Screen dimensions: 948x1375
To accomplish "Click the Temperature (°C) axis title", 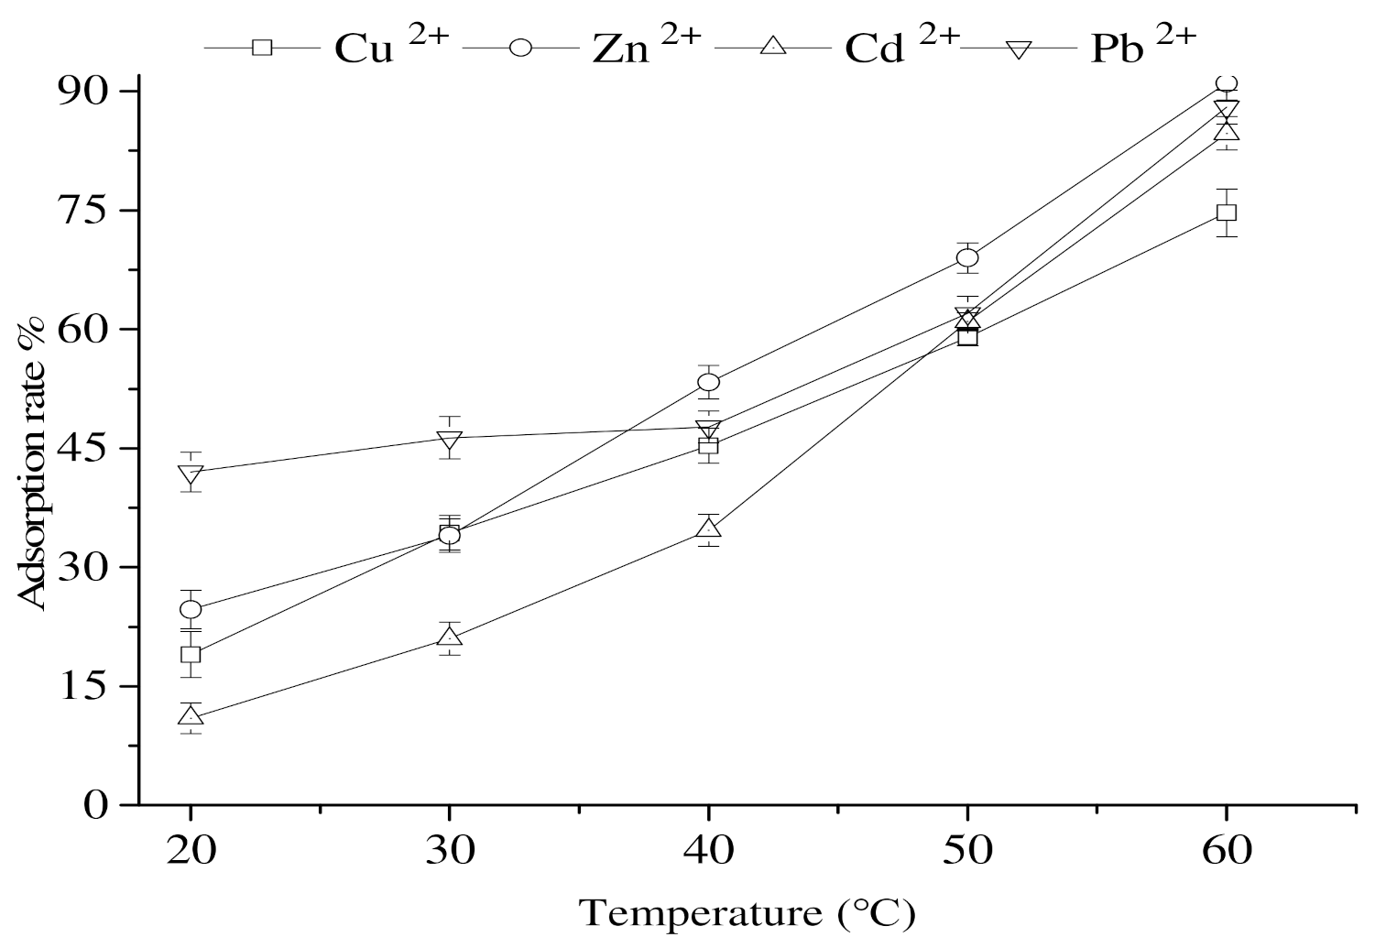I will (x=746, y=913).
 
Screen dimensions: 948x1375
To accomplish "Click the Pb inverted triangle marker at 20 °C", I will (x=191, y=474).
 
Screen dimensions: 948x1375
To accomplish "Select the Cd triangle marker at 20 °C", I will (x=191, y=715).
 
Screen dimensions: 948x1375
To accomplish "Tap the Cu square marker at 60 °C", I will (x=1227, y=212).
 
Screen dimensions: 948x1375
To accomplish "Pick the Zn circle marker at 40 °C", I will (x=708, y=382).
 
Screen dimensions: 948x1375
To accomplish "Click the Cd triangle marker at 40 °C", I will (x=708, y=528).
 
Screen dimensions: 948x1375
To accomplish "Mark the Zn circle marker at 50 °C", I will (x=967, y=257).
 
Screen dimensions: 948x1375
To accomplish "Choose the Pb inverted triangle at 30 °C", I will (x=449, y=440).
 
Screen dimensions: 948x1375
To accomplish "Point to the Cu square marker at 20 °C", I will (x=191, y=654).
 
